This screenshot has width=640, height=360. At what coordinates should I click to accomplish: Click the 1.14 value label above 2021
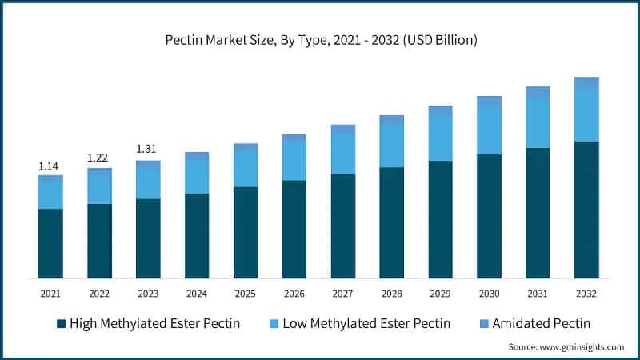pos(50,166)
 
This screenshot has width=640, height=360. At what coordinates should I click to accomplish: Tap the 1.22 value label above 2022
pos(99,158)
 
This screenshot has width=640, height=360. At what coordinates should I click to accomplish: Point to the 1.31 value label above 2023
pos(148,149)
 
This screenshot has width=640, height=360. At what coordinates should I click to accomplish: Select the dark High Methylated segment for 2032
pos(586,210)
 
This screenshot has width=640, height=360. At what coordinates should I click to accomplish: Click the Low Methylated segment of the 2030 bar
pos(489,130)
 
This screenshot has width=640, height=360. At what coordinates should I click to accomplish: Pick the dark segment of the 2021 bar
pos(50,243)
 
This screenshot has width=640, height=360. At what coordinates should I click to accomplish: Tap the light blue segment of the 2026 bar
pos(294,161)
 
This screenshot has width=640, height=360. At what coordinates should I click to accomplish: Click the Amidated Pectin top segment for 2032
pos(586,82)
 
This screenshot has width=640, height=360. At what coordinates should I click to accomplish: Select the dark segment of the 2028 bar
pos(391,222)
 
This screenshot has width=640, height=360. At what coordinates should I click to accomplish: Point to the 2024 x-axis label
pos(197,294)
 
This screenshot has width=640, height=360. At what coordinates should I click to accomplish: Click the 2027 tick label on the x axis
pos(343,294)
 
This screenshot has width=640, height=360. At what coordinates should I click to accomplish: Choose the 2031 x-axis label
pos(538,294)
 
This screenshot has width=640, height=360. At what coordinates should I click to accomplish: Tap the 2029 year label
pos(441,294)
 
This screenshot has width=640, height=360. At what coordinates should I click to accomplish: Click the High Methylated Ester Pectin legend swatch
pos(61,324)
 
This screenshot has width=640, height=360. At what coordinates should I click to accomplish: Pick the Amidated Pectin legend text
pos(542,324)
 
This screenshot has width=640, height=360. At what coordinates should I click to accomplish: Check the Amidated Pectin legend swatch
pos(482,324)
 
